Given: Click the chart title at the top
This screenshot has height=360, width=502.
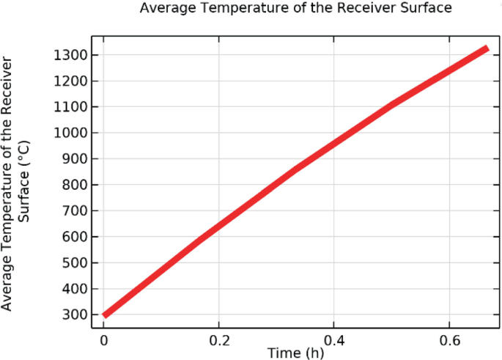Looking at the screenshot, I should pos(295,8).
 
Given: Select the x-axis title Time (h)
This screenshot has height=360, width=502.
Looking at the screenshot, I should pos(295,353).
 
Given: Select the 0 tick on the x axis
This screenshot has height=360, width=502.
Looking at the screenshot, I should pos(104,340).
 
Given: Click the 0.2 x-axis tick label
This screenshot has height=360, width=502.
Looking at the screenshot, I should pos(218,340).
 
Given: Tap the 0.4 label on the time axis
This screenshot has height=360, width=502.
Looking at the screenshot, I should pos(333,340).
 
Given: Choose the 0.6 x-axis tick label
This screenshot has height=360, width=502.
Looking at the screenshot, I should pos(449,340).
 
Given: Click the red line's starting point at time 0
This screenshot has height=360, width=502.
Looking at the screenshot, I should pos(106,315).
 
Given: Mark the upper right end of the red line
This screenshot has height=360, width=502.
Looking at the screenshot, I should pos(486,48).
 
